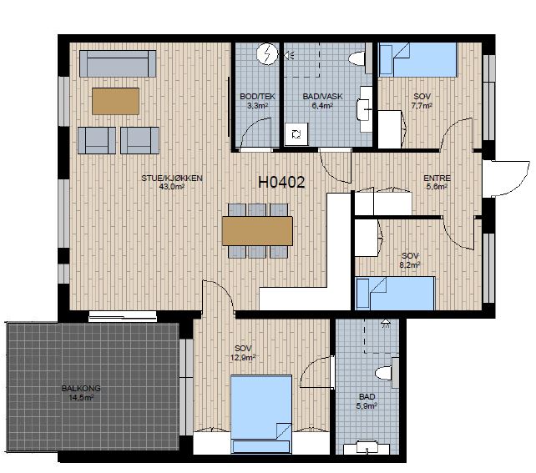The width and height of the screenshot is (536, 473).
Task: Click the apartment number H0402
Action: (x=281, y=183)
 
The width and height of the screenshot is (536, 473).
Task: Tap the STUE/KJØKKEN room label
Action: (x=172, y=178)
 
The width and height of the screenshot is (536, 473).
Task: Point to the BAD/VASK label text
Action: (x=322, y=96)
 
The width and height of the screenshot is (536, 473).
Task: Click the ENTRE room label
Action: (x=437, y=178)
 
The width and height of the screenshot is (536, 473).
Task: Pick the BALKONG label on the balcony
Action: (x=81, y=388)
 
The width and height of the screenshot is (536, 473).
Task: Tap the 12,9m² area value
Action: (x=243, y=358)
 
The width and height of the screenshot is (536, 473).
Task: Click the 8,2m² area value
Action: (x=410, y=264)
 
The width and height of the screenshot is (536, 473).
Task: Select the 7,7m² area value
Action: (x=422, y=106)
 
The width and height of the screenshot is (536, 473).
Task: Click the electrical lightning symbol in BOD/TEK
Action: (x=267, y=54)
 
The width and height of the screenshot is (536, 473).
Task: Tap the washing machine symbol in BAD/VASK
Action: (x=296, y=134)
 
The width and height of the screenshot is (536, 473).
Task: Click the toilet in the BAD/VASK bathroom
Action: (x=361, y=58)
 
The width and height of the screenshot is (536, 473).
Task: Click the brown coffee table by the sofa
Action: (x=115, y=101)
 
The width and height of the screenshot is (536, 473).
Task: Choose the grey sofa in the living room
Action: (x=118, y=64)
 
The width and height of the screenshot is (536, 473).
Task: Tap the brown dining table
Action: (x=257, y=231)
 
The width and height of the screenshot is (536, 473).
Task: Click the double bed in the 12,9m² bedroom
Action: (x=261, y=415)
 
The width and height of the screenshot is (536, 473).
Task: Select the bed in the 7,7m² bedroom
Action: (x=417, y=60)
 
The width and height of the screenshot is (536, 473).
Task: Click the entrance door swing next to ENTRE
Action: (x=507, y=179)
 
